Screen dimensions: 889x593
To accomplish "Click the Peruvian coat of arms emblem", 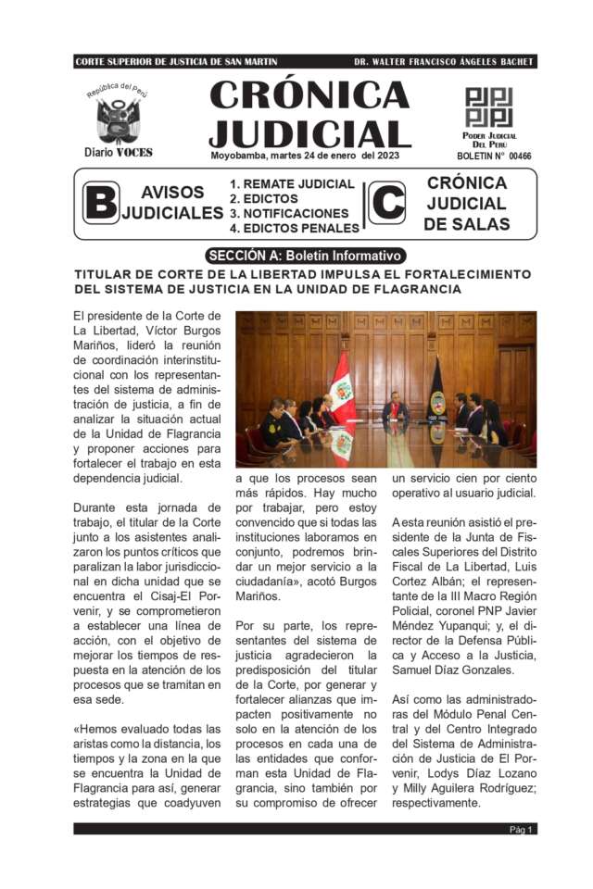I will [x=118, y=119].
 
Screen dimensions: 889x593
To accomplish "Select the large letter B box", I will [x=100, y=203].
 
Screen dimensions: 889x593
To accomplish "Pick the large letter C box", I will [x=386, y=203].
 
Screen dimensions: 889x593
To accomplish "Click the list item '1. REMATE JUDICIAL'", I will [x=292, y=183].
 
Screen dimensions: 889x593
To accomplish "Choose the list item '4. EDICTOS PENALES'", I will [x=295, y=228].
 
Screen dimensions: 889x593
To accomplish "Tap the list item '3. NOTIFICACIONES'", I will [x=289, y=213].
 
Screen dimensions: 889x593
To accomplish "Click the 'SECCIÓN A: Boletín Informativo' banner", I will [x=305, y=255].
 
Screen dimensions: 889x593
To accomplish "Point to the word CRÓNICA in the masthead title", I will [x=309, y=95].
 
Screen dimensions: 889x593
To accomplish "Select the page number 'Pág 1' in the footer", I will [x=521, y=829].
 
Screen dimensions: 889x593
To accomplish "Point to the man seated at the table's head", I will [x=396, y=408].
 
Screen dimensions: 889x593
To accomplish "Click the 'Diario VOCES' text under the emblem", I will [x=118, y=152].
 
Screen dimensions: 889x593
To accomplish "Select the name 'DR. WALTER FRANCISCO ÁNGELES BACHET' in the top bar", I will [x=444, y=62].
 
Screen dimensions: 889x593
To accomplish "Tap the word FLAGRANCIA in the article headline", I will [x=410, y=289].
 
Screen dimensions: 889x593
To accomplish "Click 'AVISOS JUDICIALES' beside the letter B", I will [x=172, y=203].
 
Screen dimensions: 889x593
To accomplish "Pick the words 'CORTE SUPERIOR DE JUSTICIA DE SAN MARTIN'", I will [x=176, y=62].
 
